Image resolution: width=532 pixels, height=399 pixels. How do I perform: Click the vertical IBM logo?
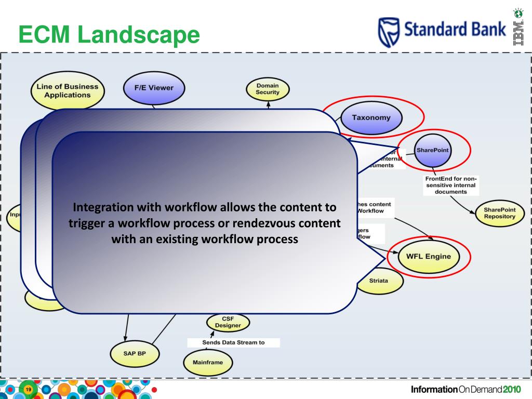(x=518, y=31)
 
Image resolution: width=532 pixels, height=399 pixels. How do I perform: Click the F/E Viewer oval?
(x=154, y=87)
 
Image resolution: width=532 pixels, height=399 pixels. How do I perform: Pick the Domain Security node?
(x=268, y=89)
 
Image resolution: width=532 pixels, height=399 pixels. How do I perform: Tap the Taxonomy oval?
(x=371, y=117)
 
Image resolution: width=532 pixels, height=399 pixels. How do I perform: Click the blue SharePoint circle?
(x=433, y=150)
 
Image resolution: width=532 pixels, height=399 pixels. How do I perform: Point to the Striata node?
(x=378, y=281)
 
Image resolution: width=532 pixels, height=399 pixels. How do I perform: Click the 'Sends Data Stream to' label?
(x=233, y=342)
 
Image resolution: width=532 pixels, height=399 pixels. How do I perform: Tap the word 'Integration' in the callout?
(x=102, y=207)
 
